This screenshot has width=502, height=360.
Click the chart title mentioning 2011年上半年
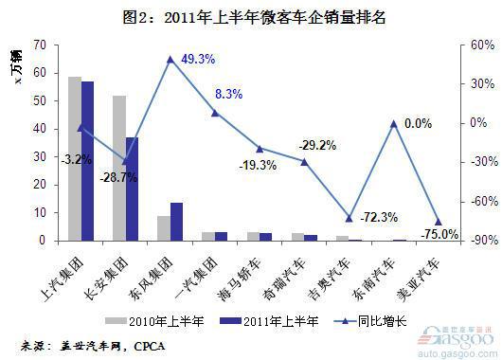pos(251,17)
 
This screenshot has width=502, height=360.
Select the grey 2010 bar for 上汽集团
pos(74,158)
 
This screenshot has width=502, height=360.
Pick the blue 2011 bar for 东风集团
pos(177,222)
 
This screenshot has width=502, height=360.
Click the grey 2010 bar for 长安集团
pos(119,168)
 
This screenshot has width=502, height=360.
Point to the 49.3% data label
pos(198,59)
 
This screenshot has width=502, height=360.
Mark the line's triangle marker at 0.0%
pos(393,123)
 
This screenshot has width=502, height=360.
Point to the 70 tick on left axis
pos(38,45)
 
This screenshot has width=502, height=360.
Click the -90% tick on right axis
pos(470,241)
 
